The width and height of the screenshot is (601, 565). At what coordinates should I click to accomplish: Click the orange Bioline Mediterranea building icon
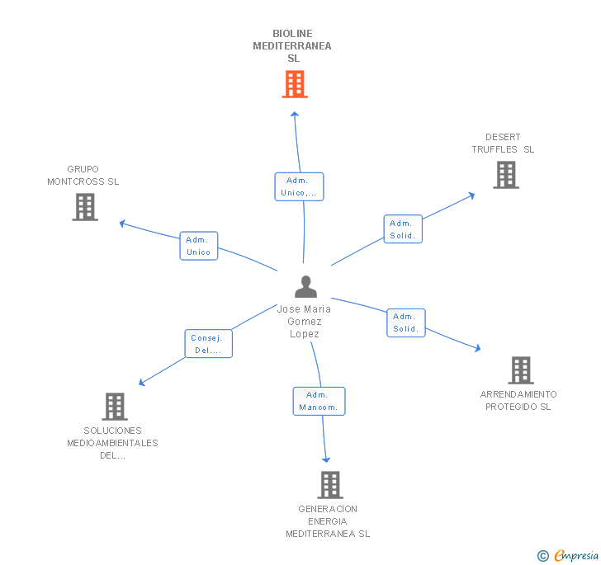pyautogui.click(x=294, y=84)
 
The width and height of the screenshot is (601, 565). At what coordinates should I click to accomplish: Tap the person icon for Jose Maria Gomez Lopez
pyautogui.click(x=305, y=287)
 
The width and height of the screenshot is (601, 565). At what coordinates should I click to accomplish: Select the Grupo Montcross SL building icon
pyautogui.click(x=85, y=207)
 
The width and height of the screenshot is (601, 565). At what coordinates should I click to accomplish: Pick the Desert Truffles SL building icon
pyautogui.click(x=505, y=175)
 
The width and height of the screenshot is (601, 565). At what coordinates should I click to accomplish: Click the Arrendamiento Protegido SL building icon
pyautogui.click(x=520, y=370)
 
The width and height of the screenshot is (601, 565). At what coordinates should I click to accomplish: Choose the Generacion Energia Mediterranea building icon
pyautogui.click(x=329, y=485)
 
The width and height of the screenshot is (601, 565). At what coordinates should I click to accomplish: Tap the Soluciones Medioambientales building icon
pyautogui.click(x=114, y=407)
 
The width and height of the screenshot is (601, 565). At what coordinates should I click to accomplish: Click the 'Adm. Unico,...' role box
pyautogui.click(x=298, y=186)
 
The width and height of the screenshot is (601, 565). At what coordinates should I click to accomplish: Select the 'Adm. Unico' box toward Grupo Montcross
pyautogui.click(x=199, y=246)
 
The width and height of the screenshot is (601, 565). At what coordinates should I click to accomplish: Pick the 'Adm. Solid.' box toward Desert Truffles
pyautogui.click(x=403, y=229)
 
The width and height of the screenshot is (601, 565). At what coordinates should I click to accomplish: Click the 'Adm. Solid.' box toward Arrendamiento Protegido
pyautogui.click(x=405, y=323)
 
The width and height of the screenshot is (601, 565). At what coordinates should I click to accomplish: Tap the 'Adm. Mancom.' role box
pyautogui.click(x=319, y=401)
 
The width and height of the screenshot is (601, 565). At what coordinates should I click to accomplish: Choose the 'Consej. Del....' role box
pyautogui.click(x=208, y=344)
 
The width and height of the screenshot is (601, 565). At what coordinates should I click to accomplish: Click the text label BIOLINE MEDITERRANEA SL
pyautogui.click(x=292, y=46)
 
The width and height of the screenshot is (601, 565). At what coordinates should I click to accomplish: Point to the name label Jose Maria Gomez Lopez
pyautogui.click(x=304, y=322)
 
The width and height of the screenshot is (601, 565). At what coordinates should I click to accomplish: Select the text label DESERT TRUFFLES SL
pyautogui.click(x=503, y=144)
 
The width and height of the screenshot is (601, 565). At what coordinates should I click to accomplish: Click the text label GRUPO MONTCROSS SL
pyautogui.click(x=83, y=176)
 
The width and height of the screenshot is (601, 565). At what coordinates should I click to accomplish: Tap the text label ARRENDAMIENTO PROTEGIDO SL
pyautogui.click(x=518, y=401)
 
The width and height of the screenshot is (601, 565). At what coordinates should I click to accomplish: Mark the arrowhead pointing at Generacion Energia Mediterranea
pyautogui.click(x=326, y=459)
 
